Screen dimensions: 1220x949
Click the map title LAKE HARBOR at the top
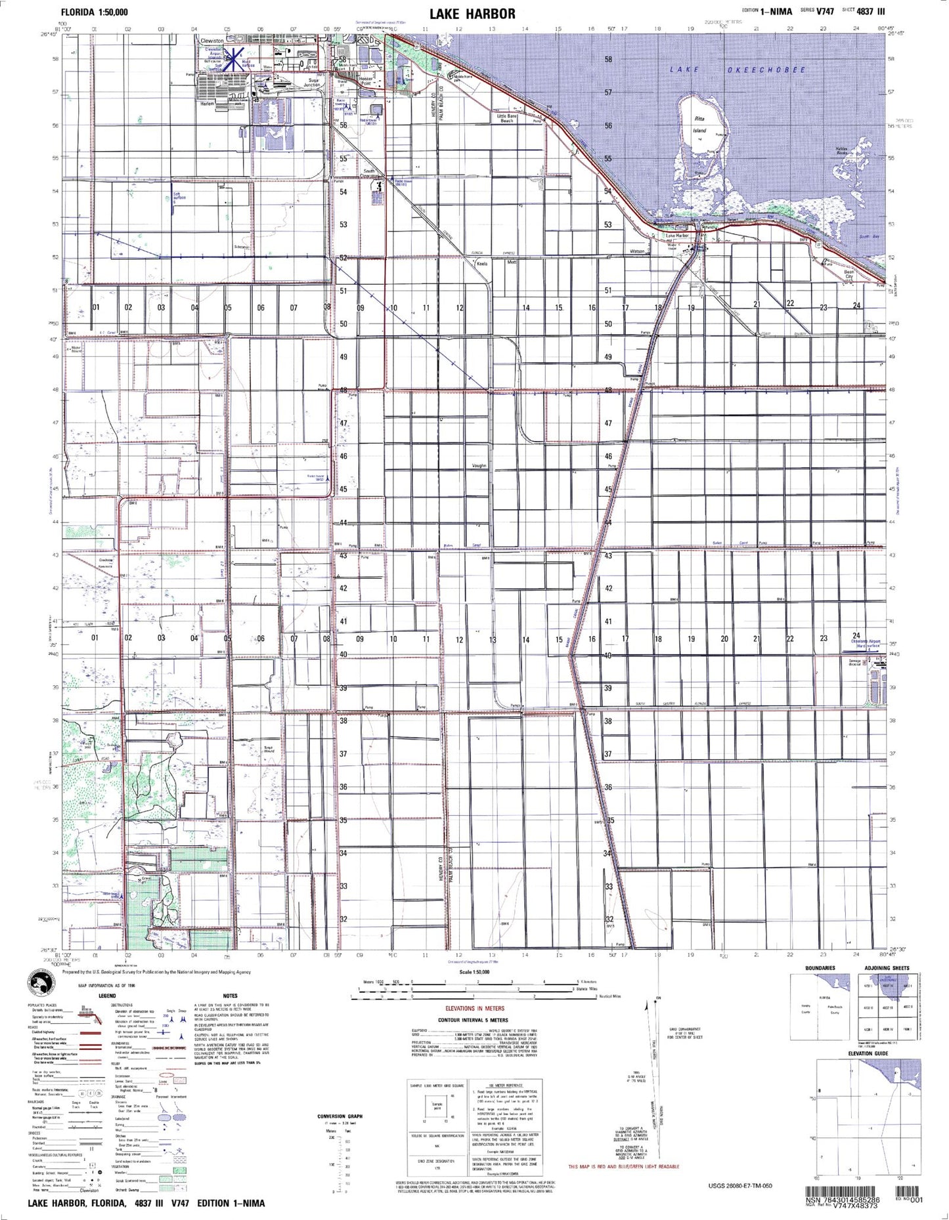[472, 13]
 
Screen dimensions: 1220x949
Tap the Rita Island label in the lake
[699, 125]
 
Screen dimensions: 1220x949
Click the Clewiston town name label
[211, 41]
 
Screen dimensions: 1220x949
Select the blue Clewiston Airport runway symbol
[233, 58]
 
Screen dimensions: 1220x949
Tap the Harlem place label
[208, 104]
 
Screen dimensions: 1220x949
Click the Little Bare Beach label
[507, 119]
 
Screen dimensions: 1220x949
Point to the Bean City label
[849, 274]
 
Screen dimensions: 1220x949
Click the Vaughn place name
[479, 465]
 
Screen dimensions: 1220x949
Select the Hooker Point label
[366, 81]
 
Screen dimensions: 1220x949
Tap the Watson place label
[637, 251]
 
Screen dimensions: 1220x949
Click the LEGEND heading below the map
[107, 996]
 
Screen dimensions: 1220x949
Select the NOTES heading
[230, 996]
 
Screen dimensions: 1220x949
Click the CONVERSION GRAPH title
[340, 1116]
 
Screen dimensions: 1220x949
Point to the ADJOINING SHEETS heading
[887, 968]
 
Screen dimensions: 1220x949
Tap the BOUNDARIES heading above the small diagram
[820, 968]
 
